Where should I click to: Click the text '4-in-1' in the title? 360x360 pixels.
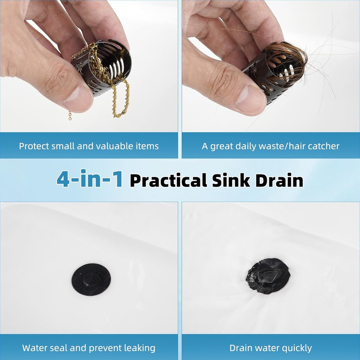89,179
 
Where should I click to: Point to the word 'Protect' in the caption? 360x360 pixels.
32,146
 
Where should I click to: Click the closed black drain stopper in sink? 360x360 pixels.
91,279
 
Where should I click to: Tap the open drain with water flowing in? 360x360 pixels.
268,276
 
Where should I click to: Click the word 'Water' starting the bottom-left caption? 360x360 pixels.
34,348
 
